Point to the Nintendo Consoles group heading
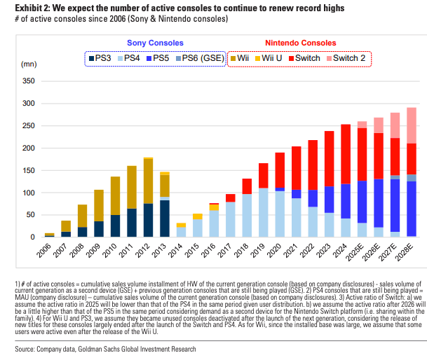299,43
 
